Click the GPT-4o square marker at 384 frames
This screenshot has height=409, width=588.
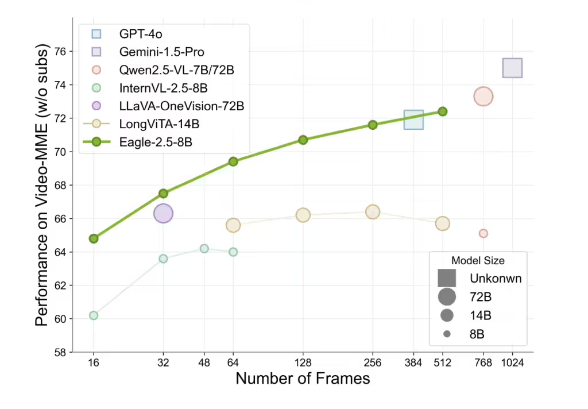click(x=413, y=119)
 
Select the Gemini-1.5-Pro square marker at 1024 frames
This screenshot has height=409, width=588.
click(x=512, y=68)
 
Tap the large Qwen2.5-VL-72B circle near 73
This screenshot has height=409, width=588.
click(x=483, y=97)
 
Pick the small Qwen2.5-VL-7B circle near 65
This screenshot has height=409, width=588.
click(x=483, y=233)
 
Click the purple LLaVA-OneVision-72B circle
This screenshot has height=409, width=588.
click(x=163, y=213)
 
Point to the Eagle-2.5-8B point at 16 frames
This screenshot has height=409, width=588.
click(x=94, y=238)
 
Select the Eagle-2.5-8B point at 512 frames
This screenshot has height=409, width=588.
click(x=442, y=111)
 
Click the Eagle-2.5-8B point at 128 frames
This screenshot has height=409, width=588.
click(x=303, y=140)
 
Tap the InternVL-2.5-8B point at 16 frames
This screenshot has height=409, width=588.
click(x=94, y=315)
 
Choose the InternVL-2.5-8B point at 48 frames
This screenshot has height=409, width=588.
click(x=204, y=249)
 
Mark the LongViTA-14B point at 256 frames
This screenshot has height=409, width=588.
click(x=373, y=212)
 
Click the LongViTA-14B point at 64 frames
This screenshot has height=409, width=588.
click(x=233, y=225)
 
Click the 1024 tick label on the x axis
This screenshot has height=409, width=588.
click(x=512, y=362)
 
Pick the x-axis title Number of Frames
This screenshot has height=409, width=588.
click(x=303, y=379)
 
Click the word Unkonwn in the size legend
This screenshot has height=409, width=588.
click(x=495, y=279)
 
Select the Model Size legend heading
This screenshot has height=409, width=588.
click(x=478, y=260)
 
